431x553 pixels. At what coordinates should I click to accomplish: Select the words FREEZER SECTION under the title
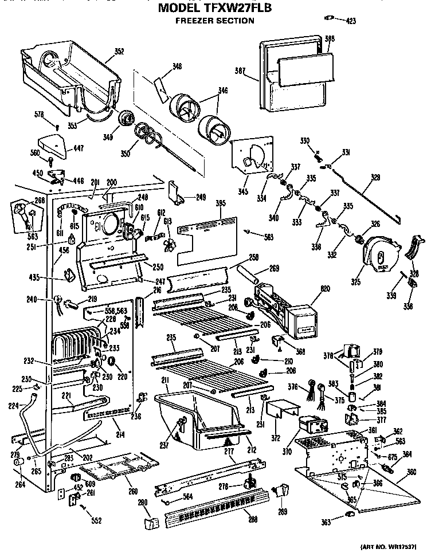point(214,21)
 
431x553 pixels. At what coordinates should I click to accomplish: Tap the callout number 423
point(351,21)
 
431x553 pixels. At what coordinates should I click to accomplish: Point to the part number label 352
point(119,52)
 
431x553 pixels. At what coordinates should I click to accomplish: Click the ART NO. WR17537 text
point(395,548)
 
